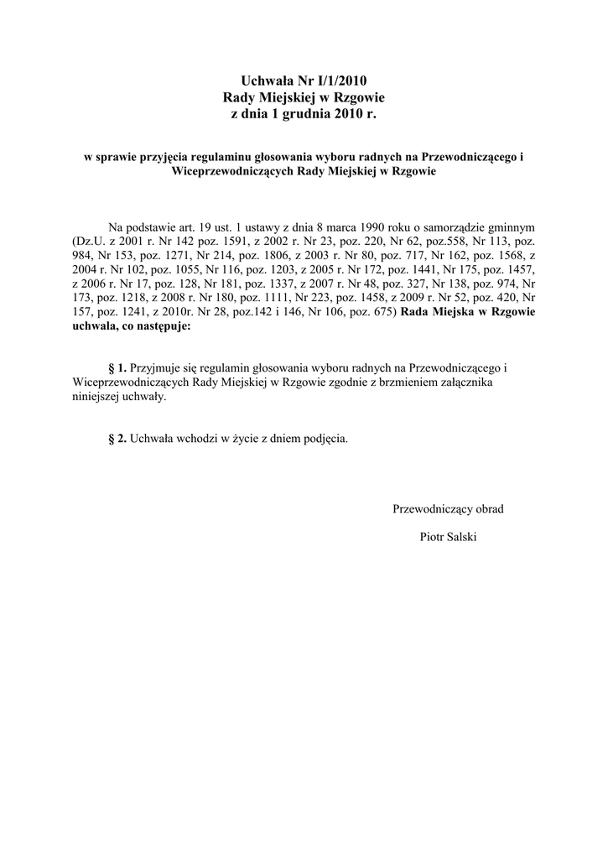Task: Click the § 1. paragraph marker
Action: click(117, 368)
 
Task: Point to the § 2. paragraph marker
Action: click(117, 439)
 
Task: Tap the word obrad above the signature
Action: click(487, 508)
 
